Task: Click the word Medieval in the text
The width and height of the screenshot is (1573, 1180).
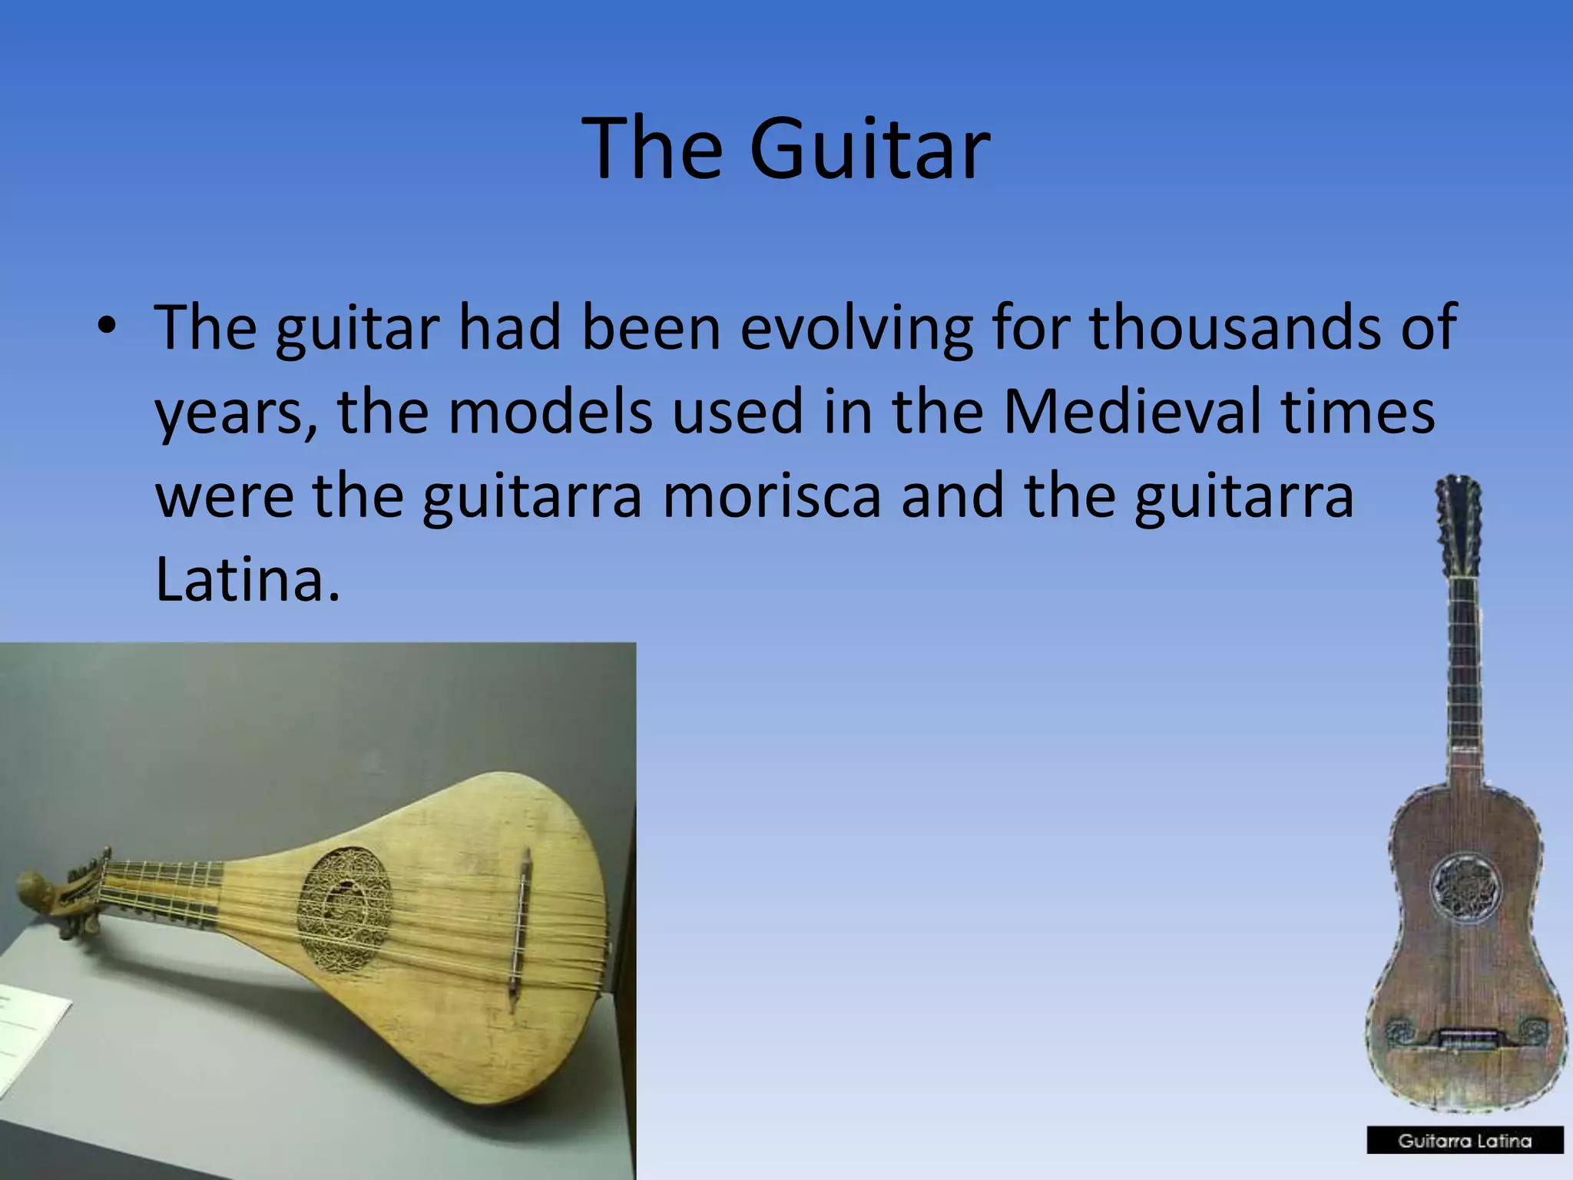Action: pos(1132,411)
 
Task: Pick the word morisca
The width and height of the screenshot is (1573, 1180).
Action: pos(771,496)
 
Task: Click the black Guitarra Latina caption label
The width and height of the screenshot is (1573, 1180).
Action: pos(1465,1141)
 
